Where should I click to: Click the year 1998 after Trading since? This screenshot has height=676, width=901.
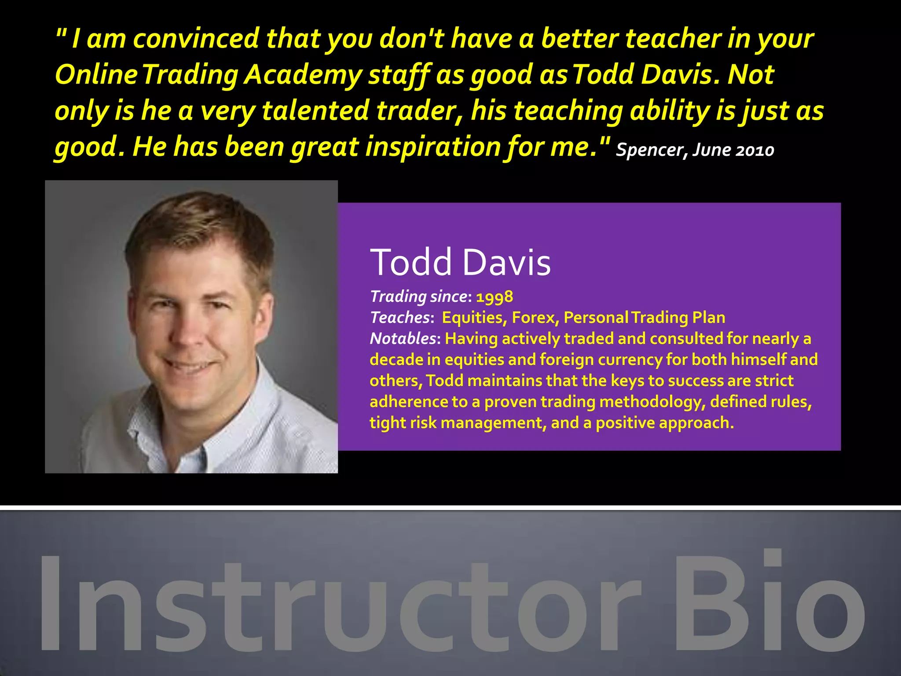click(x=494, y=297)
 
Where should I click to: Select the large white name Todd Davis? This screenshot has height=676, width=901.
click(x=460, y=262)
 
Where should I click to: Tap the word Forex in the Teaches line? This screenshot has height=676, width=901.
click(x=535, y=317)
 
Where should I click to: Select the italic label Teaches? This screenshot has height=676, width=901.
click(x=399, y=317)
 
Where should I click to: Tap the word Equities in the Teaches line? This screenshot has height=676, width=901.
click(x=472, y=317)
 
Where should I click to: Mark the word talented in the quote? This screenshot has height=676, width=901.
click(x=315, y=110)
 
